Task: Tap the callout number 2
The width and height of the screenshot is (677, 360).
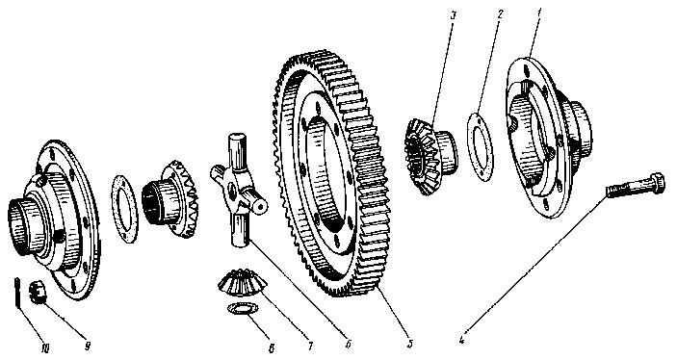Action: point(500,14)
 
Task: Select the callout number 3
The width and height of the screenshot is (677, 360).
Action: point(453,16)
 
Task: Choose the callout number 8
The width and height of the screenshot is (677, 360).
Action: point(272,348)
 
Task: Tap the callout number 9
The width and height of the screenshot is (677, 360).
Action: point(88,346)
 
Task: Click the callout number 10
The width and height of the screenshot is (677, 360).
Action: point(45,348)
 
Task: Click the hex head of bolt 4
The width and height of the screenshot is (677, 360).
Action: point(656,183)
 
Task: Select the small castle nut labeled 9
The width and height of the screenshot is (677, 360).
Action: point(38,293)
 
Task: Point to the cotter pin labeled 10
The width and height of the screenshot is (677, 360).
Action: point(16,293)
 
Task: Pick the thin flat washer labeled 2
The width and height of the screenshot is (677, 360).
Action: point(481,146)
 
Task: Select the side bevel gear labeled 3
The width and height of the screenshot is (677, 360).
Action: point(430,157)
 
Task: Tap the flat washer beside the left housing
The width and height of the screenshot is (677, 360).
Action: point(125,209)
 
